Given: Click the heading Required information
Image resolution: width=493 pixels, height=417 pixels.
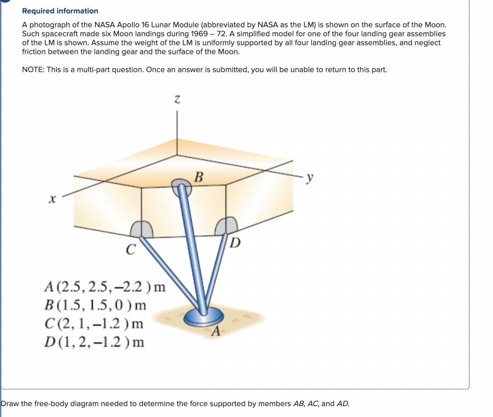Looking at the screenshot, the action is (x=60, y=11).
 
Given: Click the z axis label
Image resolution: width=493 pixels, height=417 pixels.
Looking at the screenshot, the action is (x=177, y=99).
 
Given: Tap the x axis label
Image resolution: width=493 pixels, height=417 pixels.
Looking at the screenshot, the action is (x=52, y=200).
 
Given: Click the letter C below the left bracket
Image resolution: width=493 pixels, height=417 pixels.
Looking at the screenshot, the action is (x=130, y=249).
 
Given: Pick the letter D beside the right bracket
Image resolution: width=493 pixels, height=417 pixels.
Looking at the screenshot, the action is (x=235, y=243).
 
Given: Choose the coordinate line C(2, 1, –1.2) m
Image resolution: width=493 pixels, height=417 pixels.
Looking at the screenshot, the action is (x=94, y=323).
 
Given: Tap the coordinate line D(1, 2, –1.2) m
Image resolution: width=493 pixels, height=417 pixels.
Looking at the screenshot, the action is (x=94, y=342).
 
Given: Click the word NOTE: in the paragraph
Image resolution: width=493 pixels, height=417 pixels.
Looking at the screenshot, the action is (x=33, y=69).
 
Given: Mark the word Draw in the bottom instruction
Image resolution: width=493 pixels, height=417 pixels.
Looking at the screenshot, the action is (x=10, y=404).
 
